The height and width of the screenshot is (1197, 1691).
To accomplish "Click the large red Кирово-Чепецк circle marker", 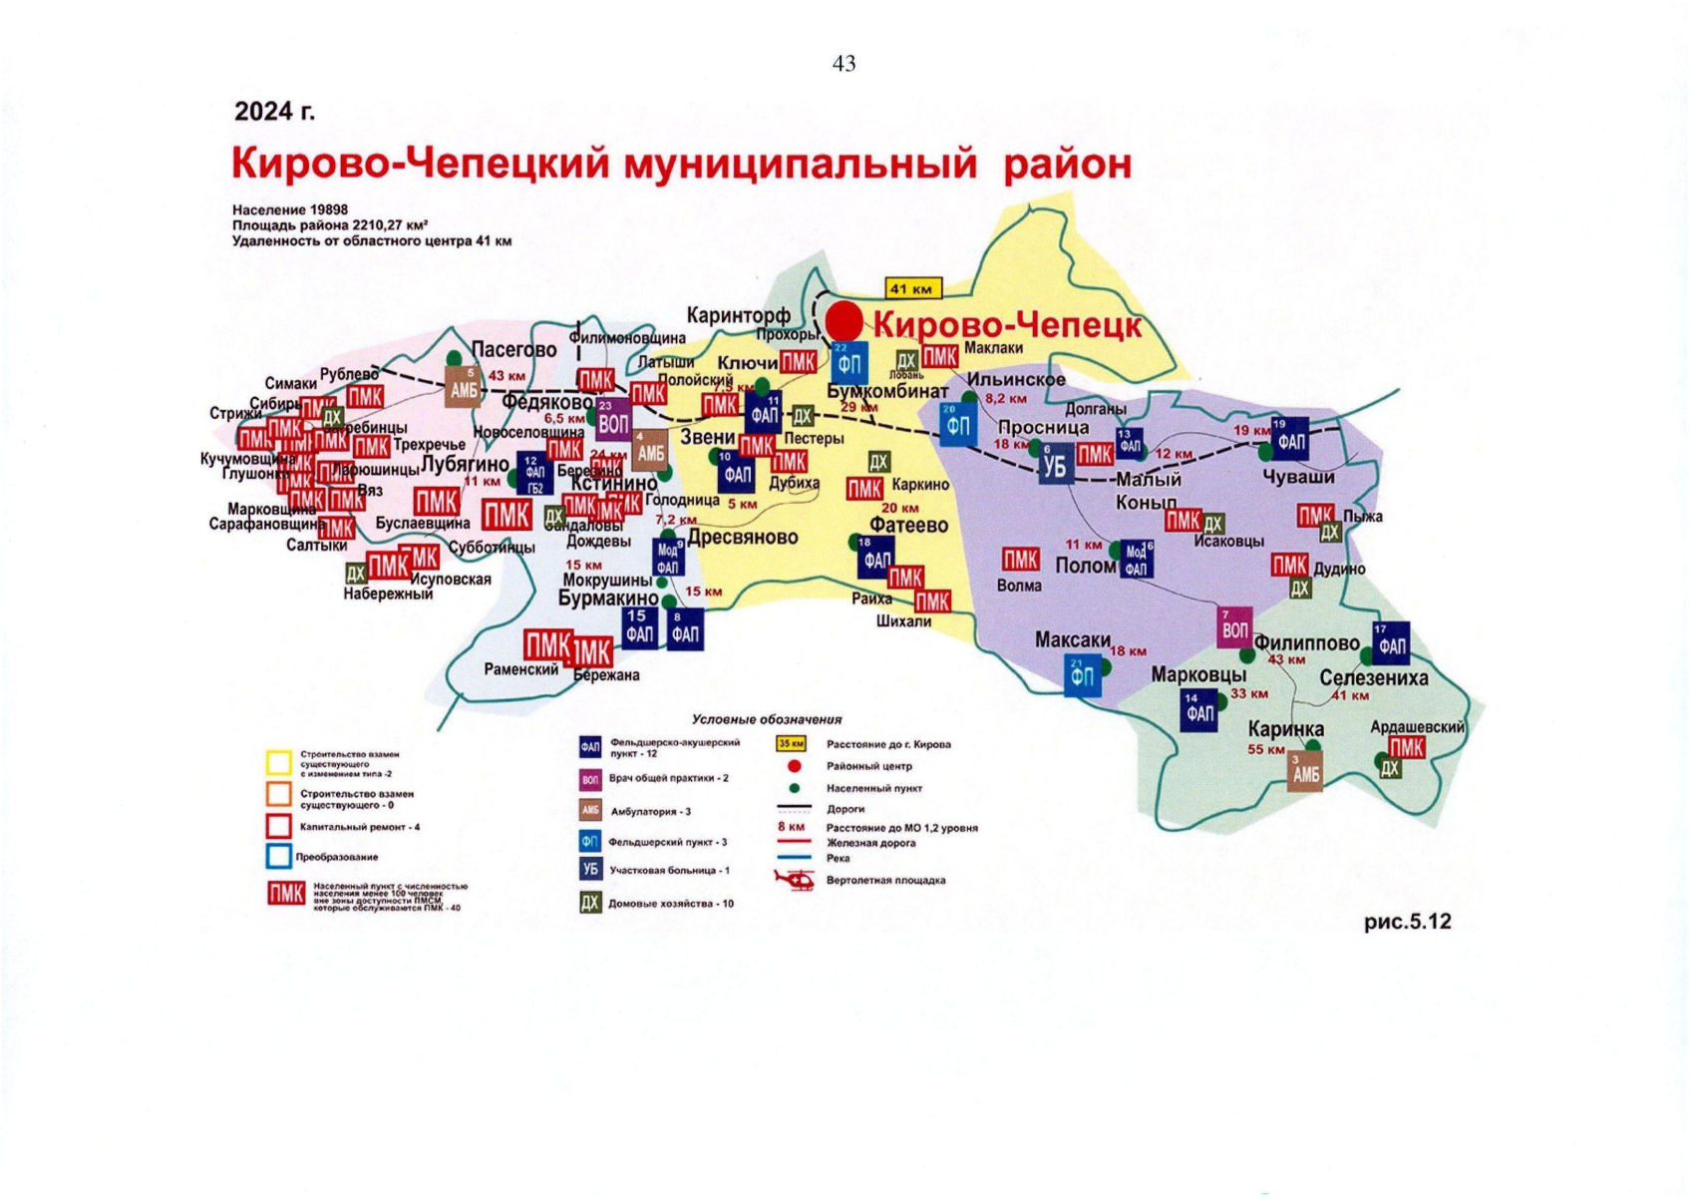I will tap(844, 321).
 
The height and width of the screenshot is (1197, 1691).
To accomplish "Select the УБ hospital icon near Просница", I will tap(1055, 465).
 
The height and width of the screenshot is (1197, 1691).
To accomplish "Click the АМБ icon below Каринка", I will tap(1305, 773).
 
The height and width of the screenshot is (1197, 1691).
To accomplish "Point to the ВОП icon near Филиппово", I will tap(1234, 628).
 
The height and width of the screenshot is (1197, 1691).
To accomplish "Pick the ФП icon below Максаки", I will tap(1082, 677).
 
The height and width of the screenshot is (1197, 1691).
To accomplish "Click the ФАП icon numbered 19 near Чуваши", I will tap(1290, 439).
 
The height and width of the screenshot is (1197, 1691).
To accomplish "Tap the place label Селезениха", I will tap(1373, 678).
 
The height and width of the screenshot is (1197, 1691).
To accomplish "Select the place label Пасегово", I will tap(513, 350).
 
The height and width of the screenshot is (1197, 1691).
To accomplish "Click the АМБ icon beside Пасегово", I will tap(464, 388).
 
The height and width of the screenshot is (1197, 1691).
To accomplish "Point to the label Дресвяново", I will tap(743, 538).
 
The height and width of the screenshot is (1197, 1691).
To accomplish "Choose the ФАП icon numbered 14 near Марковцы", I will tap(1198, 711).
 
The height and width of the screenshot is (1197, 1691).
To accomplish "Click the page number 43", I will tap(844, 64).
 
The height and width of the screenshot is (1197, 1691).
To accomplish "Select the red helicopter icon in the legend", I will tap(795, 880).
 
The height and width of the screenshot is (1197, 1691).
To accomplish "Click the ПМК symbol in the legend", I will tap(286, 893).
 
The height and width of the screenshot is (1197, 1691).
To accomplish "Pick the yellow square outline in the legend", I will tap(279, 763).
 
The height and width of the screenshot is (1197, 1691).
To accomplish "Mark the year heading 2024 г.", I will tap(274, 111).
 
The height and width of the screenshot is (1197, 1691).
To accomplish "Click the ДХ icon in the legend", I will tap(590, 904).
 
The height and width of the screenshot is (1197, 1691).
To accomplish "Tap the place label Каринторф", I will tap(738, 316).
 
